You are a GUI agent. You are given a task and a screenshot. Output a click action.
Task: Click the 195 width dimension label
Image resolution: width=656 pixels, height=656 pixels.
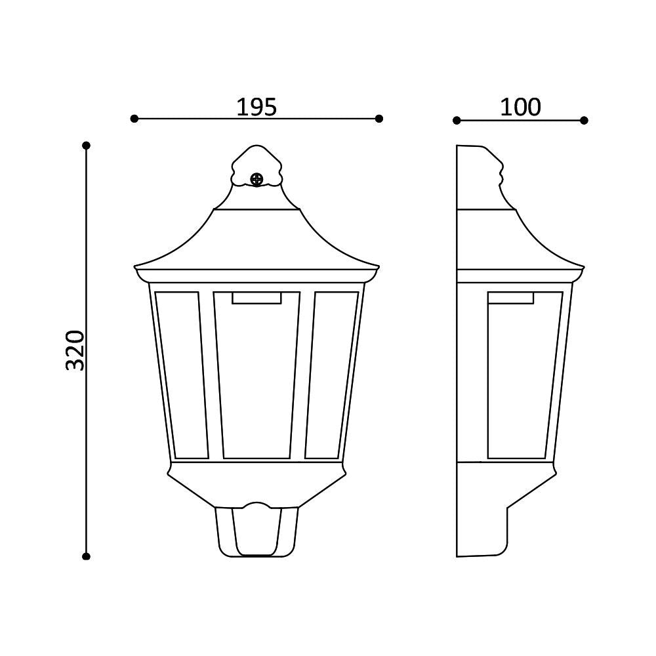256,107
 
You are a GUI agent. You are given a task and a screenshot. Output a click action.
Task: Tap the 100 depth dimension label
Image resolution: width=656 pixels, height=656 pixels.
520,107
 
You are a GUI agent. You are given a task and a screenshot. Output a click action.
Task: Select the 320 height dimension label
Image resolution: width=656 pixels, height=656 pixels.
76,350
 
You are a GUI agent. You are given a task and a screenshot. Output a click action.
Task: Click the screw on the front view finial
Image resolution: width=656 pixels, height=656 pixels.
256,178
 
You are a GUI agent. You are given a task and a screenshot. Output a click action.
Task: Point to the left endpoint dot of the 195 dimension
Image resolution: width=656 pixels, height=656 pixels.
134,119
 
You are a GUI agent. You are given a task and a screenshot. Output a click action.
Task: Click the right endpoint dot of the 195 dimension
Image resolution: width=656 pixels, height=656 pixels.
379,119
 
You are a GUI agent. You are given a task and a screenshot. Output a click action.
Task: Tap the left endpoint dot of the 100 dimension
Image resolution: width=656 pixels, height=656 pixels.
457,120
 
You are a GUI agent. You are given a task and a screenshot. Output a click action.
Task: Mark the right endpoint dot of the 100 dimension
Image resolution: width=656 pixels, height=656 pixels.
584,120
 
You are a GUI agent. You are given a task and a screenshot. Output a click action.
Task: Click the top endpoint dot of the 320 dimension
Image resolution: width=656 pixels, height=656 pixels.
86,145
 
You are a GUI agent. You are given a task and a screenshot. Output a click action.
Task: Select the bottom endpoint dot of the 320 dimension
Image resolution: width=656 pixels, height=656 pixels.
86,556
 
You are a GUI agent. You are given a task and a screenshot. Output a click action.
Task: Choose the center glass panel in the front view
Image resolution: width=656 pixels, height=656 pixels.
256,380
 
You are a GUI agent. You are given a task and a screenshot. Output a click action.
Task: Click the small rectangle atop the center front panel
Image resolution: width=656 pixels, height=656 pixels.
256,298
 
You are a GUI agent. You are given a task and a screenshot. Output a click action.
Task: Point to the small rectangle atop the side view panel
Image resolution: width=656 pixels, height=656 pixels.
510,298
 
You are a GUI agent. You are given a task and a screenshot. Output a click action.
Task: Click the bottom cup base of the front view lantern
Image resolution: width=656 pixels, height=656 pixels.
256,531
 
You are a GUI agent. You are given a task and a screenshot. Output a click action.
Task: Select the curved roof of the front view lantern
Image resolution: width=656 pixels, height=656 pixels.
256,239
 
